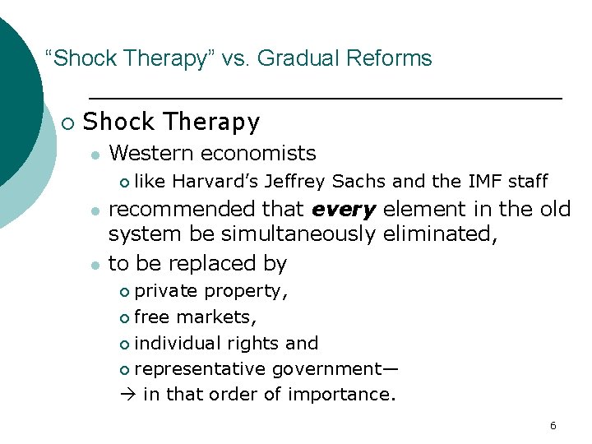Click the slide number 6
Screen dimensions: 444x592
pyautogui.click(x=553, y=426)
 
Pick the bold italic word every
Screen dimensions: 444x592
pyautogui.click(x=345, y=210)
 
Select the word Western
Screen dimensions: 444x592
pyautogui.click(x=151, y=153)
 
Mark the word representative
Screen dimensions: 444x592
pyautogui.click(x=203, y=369)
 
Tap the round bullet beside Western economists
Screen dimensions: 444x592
pyautogui.click(x=95, y=155)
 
